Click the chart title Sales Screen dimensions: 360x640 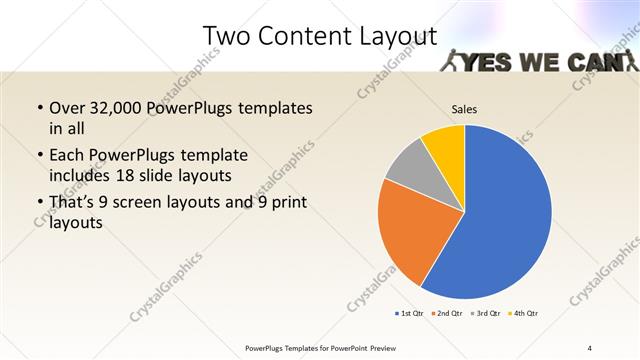[464, 108]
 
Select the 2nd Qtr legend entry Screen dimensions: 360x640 [446, 314]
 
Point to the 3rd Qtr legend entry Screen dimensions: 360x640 [486, 314]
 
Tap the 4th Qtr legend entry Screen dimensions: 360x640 [524, 314]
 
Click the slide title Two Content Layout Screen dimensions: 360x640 [320, 37]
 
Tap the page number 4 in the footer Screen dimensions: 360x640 [590, 347]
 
